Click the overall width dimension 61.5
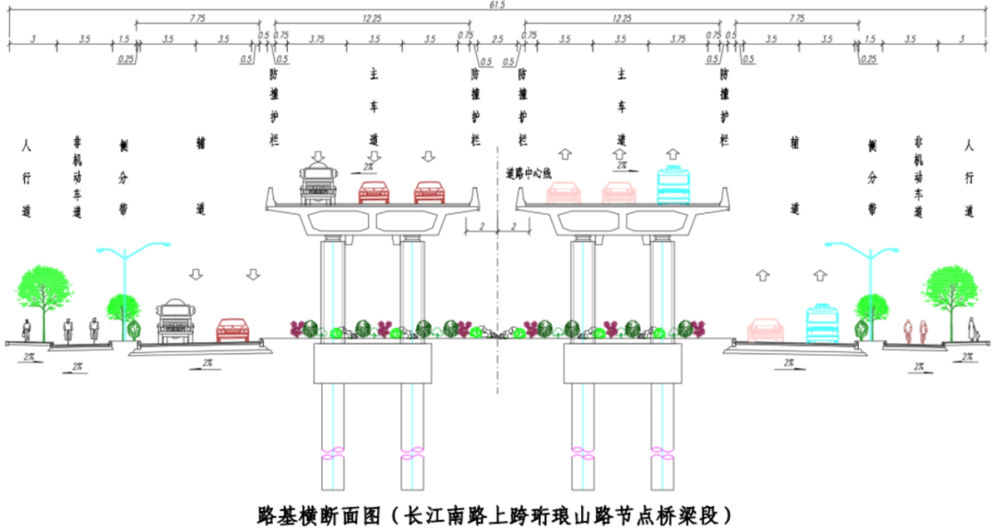coord(497,6)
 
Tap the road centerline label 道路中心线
coord(529,172)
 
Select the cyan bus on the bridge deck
coord(673,184)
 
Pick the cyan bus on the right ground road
coord(821,323)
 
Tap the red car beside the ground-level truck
coord(234,329)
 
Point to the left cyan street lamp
coord(129,276)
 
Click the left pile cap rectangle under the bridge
coord(371,363)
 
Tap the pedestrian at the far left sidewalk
coord(27,329)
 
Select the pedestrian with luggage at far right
coord(972,329)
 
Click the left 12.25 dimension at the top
coord(371,17)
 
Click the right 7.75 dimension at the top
coord(796,17)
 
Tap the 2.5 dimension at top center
coord(497,40)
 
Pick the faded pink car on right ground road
coord(765,329)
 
